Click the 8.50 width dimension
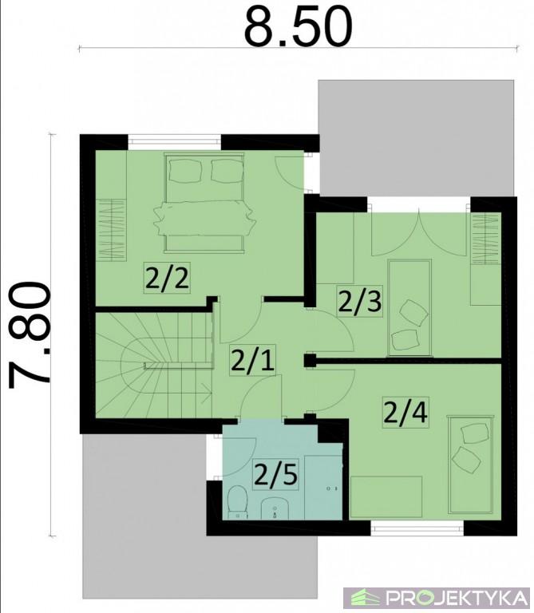click(298, 26)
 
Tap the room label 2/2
click(167, 278)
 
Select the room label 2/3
click(359, 302)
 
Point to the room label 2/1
click(252, 360)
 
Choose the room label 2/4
click(405, 413)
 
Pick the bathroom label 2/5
click(276, 475)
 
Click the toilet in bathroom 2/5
click(237, 502)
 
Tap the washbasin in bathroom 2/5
click(275, 508)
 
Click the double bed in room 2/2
click(204, 203)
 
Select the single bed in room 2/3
click(409, 307)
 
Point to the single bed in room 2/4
click(470, 465)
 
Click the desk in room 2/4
click(386, 497)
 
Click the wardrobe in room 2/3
click(486, 239)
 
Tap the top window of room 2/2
click(175, 141)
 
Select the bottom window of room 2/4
click(417, 528)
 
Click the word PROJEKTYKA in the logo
click(457, 598)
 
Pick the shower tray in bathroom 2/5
click(323, 487)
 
